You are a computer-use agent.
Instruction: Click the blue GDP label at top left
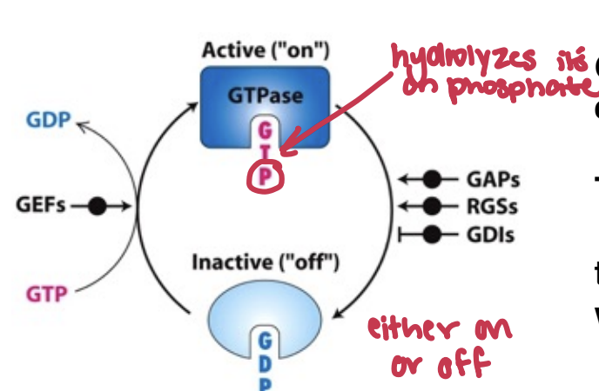[x=47, y=120]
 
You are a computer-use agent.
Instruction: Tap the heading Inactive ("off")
[x=266, y=261]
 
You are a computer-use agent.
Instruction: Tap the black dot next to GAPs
[x=433, y=180]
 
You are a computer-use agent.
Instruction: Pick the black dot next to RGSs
[x=433, y=207]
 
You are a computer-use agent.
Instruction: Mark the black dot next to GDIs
[x=433, y=234]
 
